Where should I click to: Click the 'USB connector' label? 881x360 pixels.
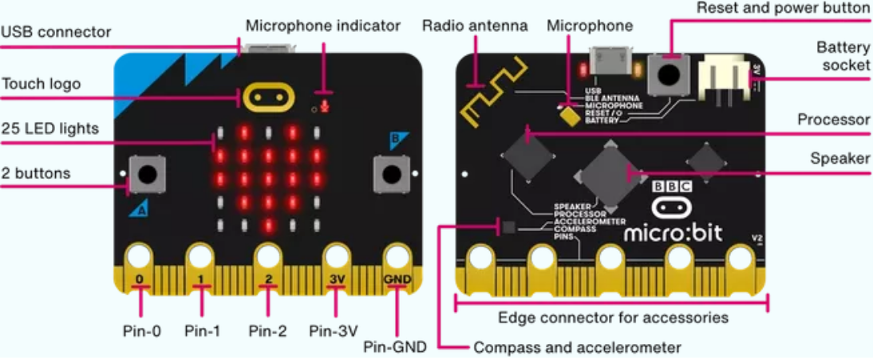click(x=56, y=33)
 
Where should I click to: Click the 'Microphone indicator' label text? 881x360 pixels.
click(x=322, y=26)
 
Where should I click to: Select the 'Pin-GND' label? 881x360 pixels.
click(x=395, y=346)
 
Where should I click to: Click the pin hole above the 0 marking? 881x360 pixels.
click(x=139, y=257)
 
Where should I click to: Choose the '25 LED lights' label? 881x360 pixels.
click(x=49, y=128)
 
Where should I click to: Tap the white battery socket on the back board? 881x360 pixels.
click(x=720, y=80)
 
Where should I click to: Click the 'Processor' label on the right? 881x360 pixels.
click(x=833, y=120)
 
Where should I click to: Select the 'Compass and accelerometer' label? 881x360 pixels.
click(x=577, y=347)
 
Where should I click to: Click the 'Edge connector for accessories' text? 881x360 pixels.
click(x=613, y=318)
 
